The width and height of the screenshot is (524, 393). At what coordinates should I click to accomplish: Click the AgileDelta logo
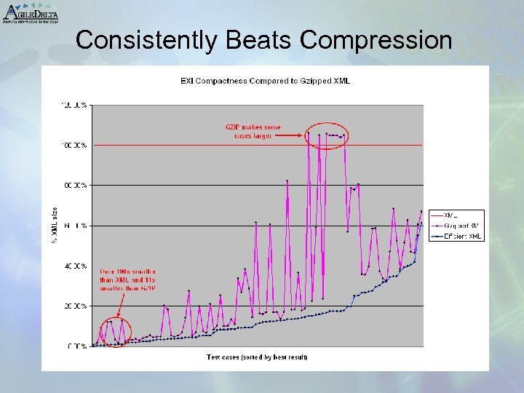pyautogui.click(x=30, y=12)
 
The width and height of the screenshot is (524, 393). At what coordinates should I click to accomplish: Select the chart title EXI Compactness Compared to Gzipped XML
pyautogui.click(x=265, y=81)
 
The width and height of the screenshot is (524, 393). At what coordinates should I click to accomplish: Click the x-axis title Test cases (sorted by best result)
pyautogui.click(x=257, y=357)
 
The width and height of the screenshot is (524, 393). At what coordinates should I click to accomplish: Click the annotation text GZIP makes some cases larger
pyautogui.click(x=253, y=132)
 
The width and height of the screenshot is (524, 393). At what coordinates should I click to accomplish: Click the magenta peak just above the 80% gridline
pyautogui.click(x=287, y=180)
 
